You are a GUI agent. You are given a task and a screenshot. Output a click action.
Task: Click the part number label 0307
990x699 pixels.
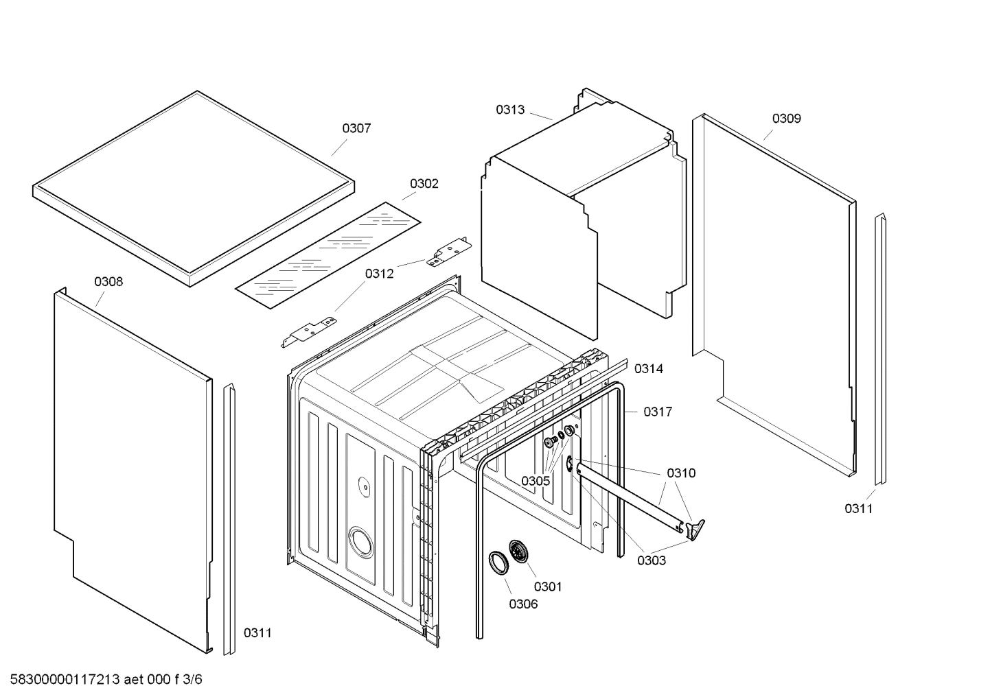click(356, 128)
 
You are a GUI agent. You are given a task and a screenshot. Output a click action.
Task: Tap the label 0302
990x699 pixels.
click(424, 184)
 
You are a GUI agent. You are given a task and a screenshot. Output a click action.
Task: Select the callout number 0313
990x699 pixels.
click(510, 110)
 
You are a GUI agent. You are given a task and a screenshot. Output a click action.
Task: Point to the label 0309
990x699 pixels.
click(786, 119)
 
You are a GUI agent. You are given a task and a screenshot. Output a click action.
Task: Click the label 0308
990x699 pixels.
click(108, 282)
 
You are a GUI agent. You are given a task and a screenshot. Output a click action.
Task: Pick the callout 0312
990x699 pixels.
click(379, 274)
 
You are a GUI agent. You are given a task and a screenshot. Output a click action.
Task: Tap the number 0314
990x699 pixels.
click(648, 369)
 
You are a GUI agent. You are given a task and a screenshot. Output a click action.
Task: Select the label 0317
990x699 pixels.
click(657, 412)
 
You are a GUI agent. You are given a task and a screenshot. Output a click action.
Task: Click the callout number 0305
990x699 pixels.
click(535, 481)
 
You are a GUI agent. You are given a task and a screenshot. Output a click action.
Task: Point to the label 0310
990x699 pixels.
click(680, 473)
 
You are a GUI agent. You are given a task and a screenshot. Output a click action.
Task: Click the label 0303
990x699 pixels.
click(651, 560)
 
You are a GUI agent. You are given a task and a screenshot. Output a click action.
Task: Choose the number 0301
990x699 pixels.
click(547, 587)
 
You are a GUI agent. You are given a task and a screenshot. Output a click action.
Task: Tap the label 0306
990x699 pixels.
click(523, 604)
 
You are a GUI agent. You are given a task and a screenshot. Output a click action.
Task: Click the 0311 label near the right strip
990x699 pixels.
click(858, 509)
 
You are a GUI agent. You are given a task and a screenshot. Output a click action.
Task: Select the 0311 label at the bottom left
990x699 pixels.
click(257, 633)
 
